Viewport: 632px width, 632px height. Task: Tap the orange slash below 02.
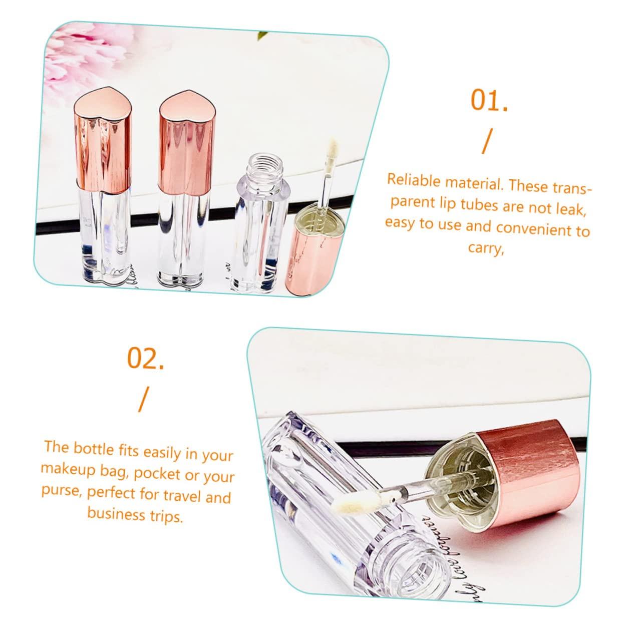tap(144, 399)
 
